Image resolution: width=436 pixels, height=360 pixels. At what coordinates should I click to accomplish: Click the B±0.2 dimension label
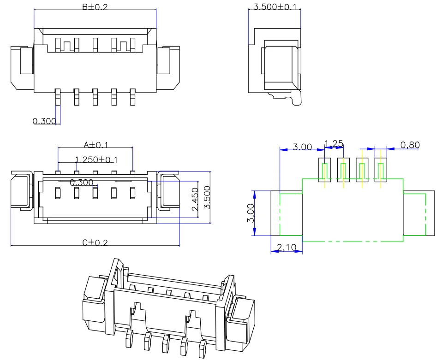pos(95,6)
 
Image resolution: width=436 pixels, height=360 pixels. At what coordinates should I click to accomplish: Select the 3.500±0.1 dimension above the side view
pos(275,7)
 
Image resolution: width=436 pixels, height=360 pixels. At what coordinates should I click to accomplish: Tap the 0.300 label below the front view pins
pos(44,121)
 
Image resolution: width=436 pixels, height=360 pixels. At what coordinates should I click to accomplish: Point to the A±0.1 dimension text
pos(96,145)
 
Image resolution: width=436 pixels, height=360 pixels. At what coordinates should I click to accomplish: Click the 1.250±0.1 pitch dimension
pos(96,159)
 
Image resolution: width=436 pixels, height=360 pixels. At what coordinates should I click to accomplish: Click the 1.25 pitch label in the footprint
pos(334,143)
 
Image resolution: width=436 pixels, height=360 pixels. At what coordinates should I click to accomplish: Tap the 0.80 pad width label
pos(410,145)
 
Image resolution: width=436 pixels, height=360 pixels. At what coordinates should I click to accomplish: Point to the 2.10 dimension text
pos(287,248)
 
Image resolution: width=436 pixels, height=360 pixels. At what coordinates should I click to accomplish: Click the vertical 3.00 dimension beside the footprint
pos(251,213)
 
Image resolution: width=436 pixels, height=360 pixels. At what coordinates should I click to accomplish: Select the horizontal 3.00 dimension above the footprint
pos(302,147)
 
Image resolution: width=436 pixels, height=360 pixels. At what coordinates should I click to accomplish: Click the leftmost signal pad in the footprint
pos(325,170)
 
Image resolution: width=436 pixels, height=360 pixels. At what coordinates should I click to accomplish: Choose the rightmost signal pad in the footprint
pos(381,170)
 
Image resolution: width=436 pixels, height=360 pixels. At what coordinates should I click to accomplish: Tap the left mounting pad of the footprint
pos(286,213)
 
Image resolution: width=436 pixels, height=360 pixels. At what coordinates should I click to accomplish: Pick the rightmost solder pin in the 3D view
pos(202,349)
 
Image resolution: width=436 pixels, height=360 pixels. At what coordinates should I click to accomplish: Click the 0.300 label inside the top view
pos(82,183)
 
